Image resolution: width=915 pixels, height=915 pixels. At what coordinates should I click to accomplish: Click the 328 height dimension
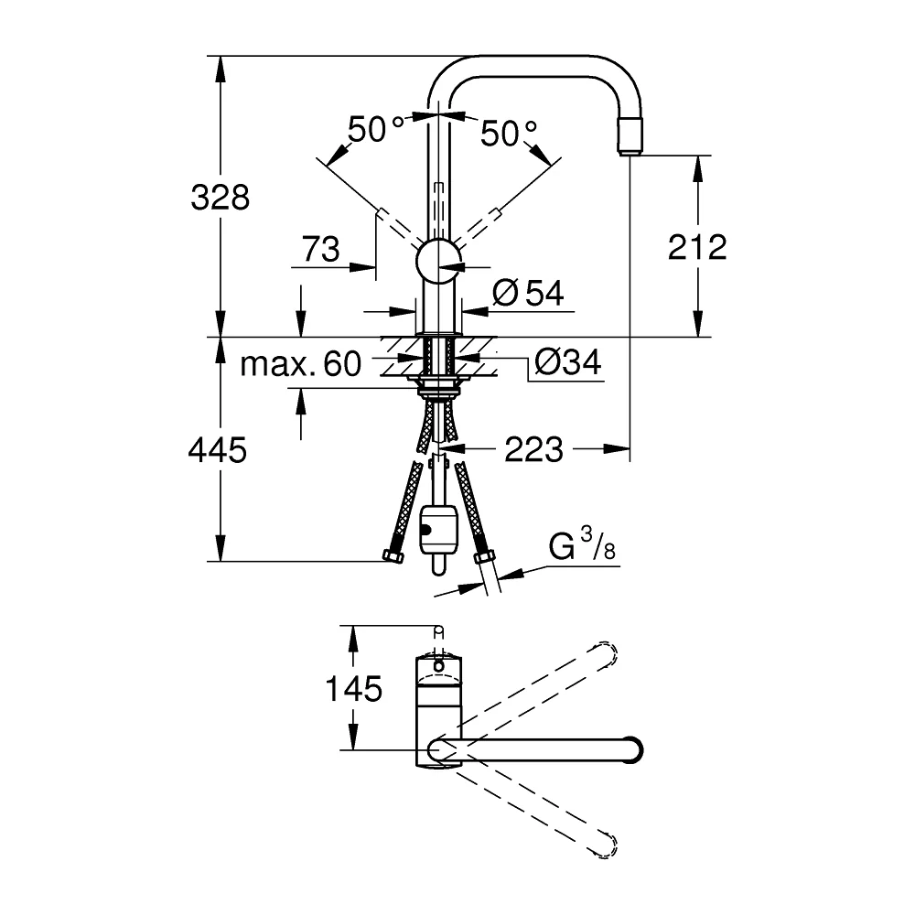[220, 198]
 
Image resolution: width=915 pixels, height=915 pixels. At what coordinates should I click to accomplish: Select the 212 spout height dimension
[697, 247]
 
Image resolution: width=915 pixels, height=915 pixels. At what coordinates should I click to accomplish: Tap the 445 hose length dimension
[218, 450]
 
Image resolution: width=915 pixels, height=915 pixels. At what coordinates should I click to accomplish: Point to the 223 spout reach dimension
[534, 449]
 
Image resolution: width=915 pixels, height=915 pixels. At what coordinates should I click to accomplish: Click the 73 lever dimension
[321, 249]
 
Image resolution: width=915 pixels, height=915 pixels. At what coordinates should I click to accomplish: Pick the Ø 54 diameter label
[528, 293]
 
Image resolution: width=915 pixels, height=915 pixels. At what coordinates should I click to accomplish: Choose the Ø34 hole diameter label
[568, 362]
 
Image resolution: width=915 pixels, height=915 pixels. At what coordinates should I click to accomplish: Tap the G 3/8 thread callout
[582, 545]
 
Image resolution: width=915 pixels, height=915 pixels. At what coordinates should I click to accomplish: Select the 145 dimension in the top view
[353, 689]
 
